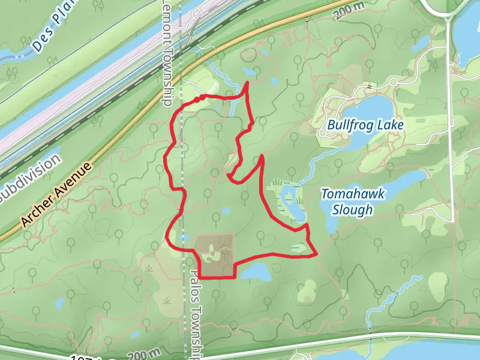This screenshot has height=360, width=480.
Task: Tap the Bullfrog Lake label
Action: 365,125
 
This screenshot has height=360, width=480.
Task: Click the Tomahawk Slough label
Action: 352,202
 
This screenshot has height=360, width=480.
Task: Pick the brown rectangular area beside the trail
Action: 213,255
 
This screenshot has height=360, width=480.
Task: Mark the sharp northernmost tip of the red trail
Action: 248,82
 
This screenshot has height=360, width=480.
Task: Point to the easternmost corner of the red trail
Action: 316,255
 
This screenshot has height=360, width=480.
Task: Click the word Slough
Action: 352,209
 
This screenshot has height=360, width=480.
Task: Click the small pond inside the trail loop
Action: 225,211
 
